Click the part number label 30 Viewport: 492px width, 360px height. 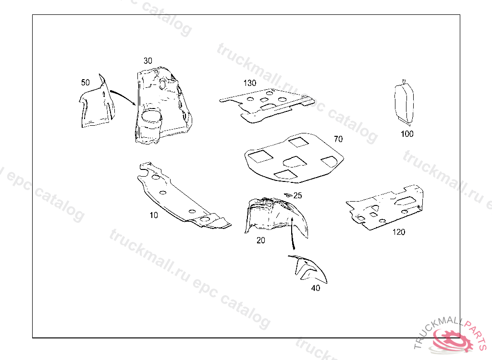tap(148, 60)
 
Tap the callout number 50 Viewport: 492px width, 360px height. tap(85, 83)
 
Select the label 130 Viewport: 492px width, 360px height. tap(249, 83)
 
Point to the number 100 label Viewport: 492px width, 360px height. tap(407, 134)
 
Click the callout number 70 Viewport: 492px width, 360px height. tap(338, 139)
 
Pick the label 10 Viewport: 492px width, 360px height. tap(153, 215)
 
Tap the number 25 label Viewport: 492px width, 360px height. tap(298, 195)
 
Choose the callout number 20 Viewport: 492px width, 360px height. tap(260, 240)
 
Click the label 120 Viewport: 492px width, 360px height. tap(398, 232)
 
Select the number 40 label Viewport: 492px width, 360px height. tap(315, 288)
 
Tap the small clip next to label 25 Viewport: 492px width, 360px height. tap(288, 194)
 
